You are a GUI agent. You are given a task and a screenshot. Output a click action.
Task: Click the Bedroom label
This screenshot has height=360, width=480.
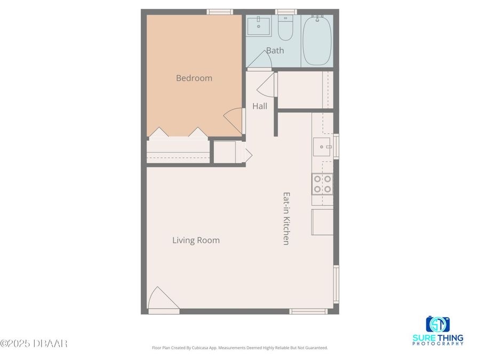pos(194,78)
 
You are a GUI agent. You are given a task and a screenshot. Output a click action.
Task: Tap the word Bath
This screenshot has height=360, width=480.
pos(275,51)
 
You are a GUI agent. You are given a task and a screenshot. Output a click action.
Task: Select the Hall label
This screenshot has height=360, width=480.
pos(260,106)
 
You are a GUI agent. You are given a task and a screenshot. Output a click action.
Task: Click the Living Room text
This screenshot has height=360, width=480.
pos(196,241)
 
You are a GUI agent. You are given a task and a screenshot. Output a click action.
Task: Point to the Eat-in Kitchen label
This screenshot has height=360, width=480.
pos(286,218)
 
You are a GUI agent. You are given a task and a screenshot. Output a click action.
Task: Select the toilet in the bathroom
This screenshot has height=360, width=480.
pos(285,29)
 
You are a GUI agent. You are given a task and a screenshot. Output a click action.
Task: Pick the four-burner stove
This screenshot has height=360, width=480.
pos(322,184)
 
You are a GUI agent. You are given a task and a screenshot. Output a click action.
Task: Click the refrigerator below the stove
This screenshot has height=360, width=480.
pos(323,222)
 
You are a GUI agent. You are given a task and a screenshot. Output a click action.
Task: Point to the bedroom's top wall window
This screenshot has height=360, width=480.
pos(220,12)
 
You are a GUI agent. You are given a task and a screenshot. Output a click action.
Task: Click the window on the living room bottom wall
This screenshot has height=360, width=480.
pos(308,311)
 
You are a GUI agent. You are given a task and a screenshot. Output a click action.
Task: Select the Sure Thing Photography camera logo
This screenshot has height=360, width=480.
pos(437,324)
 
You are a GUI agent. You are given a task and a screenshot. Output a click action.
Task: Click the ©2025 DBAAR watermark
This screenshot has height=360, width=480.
pos(34,343)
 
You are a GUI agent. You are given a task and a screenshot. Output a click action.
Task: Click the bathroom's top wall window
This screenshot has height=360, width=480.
pos(286,12)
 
